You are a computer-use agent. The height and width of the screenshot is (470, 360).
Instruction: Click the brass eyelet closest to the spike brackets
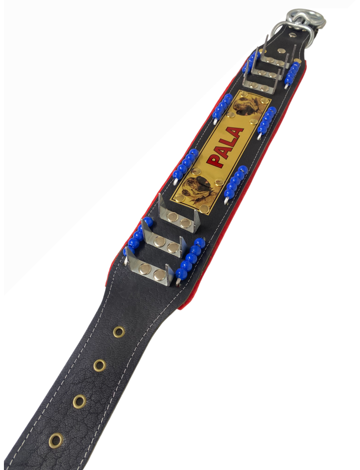click(x=119, y=332)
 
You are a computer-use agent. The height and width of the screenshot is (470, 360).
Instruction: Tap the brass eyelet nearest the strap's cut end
click(x=56, y=440)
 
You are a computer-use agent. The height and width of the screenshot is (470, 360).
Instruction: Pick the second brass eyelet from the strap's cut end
click(x=80, y=401)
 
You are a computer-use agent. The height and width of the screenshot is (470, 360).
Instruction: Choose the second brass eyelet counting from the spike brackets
click(x=100, y=366)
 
